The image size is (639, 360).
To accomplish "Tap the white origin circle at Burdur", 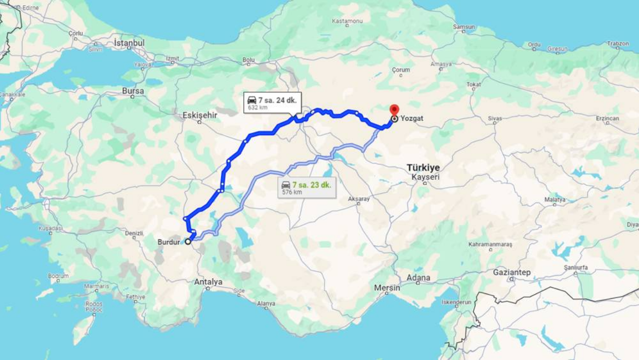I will point(188,242).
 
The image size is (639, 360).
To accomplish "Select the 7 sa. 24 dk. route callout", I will point(272,103).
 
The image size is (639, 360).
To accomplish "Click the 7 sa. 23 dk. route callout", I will point(307,188).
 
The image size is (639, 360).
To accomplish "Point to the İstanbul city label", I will point(129,43).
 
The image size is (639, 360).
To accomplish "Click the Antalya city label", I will point(208,282).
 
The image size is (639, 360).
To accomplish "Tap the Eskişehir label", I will point(200,115).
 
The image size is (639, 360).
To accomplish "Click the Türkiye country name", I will point(423,168).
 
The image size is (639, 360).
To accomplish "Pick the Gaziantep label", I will point(512,273).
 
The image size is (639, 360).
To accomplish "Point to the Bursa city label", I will point(133,91).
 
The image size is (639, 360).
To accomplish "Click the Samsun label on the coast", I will point(463,26).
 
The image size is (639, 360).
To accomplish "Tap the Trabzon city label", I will point(618,44).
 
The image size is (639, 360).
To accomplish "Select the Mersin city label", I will point(387,288).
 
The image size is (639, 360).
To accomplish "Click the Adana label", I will point(418,278).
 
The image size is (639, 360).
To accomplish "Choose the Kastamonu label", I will point(347,21).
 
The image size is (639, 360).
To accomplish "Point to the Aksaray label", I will point(359,199).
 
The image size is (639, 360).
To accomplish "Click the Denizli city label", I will point(134,233).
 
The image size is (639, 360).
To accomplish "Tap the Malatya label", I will point(555,200).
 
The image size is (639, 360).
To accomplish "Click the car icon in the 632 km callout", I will point(252,100).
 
